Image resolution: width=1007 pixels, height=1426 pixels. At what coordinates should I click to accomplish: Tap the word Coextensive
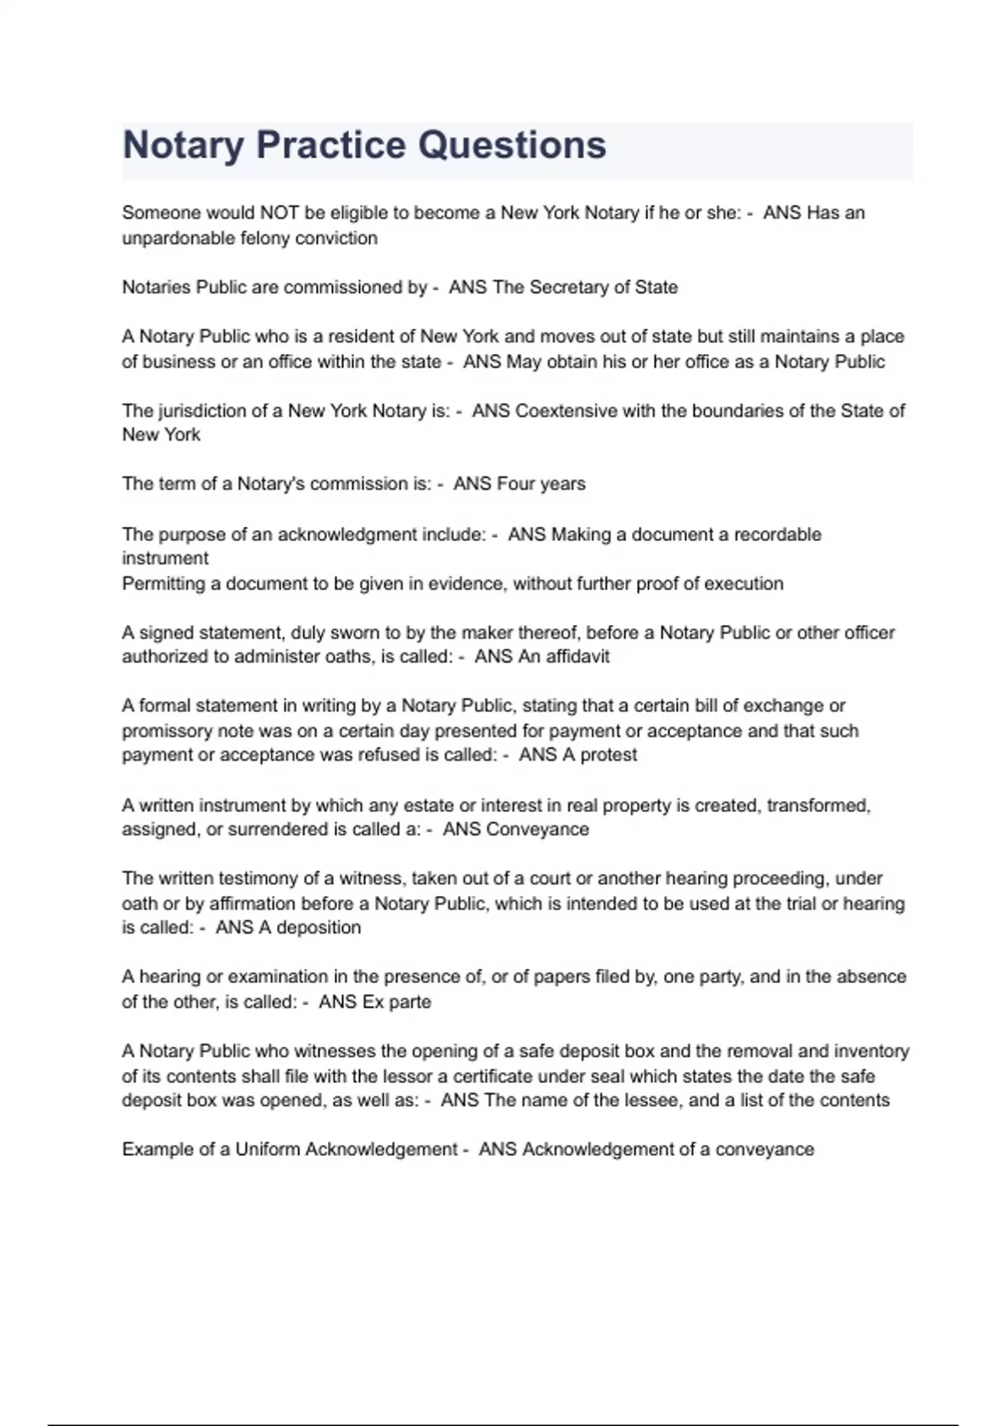pyautogui.click(x=566, y=411)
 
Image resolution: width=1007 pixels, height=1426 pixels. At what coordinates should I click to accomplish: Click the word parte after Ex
pyautogui.click(x=410, y=1002)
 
